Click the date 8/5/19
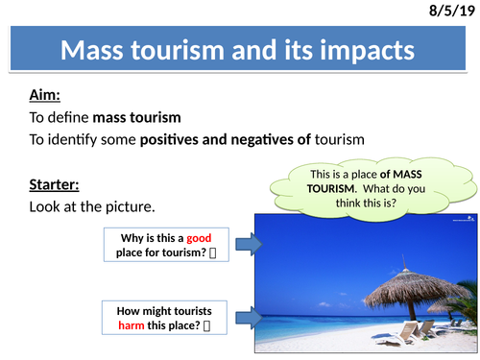coord(451,11)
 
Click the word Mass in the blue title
coord(92,50)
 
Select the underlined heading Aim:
coord(45,95)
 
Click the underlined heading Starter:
coord(54,185)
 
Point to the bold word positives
coord(169,140)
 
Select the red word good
coord(199,239)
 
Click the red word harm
coord(132,325)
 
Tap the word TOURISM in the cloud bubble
coord(331,188)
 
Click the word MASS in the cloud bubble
coord(407,174)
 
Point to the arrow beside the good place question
coord(250,244)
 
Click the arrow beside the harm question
coord(250,318)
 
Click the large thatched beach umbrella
coord(416,291)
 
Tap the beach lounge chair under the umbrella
coord(396,333)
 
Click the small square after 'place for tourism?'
coord(213,253)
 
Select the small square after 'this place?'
coord(206,326)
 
